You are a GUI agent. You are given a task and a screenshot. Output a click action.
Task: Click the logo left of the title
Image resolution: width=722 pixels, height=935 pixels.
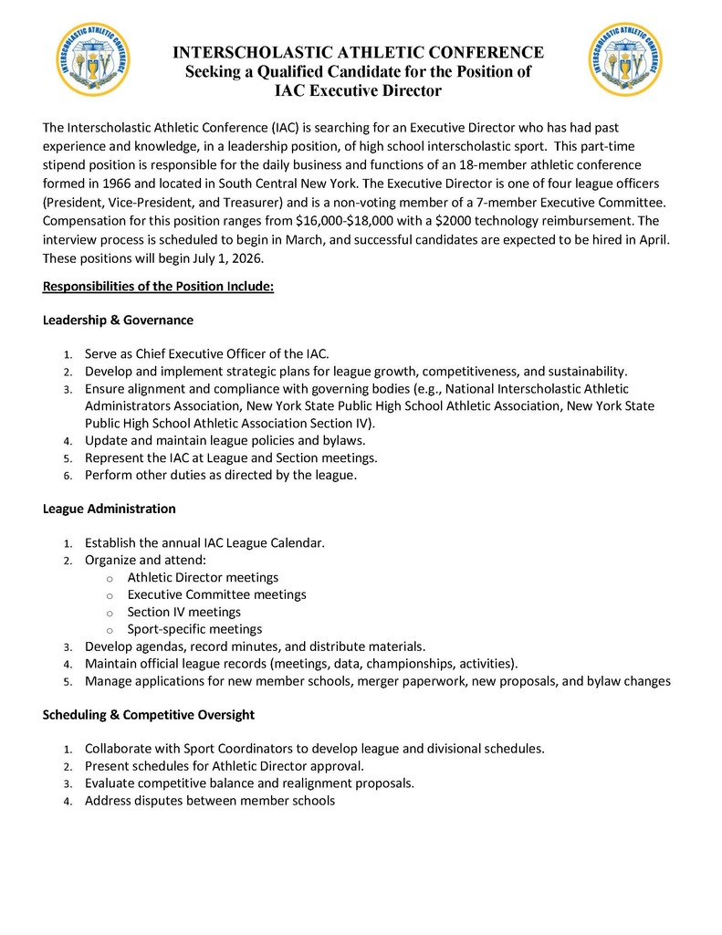click(93, 59)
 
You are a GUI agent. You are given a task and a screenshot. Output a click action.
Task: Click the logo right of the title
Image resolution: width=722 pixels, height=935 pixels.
click(626, 59)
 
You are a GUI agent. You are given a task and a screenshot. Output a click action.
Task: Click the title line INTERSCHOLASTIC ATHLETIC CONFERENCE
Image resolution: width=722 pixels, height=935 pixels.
click(359, 52)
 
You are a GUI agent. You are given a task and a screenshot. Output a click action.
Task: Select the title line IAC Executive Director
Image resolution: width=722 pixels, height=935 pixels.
click(359, 90)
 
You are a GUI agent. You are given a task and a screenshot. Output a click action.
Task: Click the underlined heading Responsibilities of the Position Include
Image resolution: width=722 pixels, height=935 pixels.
click(158, 287)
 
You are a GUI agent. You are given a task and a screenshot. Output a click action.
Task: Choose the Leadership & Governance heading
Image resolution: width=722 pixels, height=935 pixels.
click(118, 320)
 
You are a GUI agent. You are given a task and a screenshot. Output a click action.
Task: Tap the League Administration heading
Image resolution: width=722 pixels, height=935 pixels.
click(110, 509)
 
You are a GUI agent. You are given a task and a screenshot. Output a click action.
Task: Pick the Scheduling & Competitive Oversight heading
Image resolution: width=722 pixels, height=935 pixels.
click(149, 715)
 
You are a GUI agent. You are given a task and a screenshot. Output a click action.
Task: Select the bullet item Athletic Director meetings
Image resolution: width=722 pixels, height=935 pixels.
click(203, 577)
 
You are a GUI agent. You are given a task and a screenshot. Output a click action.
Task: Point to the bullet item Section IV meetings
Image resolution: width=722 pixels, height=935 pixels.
click(183, 612)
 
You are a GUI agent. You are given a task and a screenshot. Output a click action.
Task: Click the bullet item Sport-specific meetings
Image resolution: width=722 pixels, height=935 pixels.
click(194, 629)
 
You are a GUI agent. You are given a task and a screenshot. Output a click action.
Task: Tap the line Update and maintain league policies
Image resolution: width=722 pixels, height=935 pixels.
click(225, 440)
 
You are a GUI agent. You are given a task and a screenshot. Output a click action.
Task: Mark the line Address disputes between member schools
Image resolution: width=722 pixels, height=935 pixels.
click(210, 801)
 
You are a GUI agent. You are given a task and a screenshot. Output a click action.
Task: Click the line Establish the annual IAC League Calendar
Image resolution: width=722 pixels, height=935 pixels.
click(204, 542)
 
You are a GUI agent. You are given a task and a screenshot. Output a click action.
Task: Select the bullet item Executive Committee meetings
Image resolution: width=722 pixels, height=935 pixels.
click(216, 594)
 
